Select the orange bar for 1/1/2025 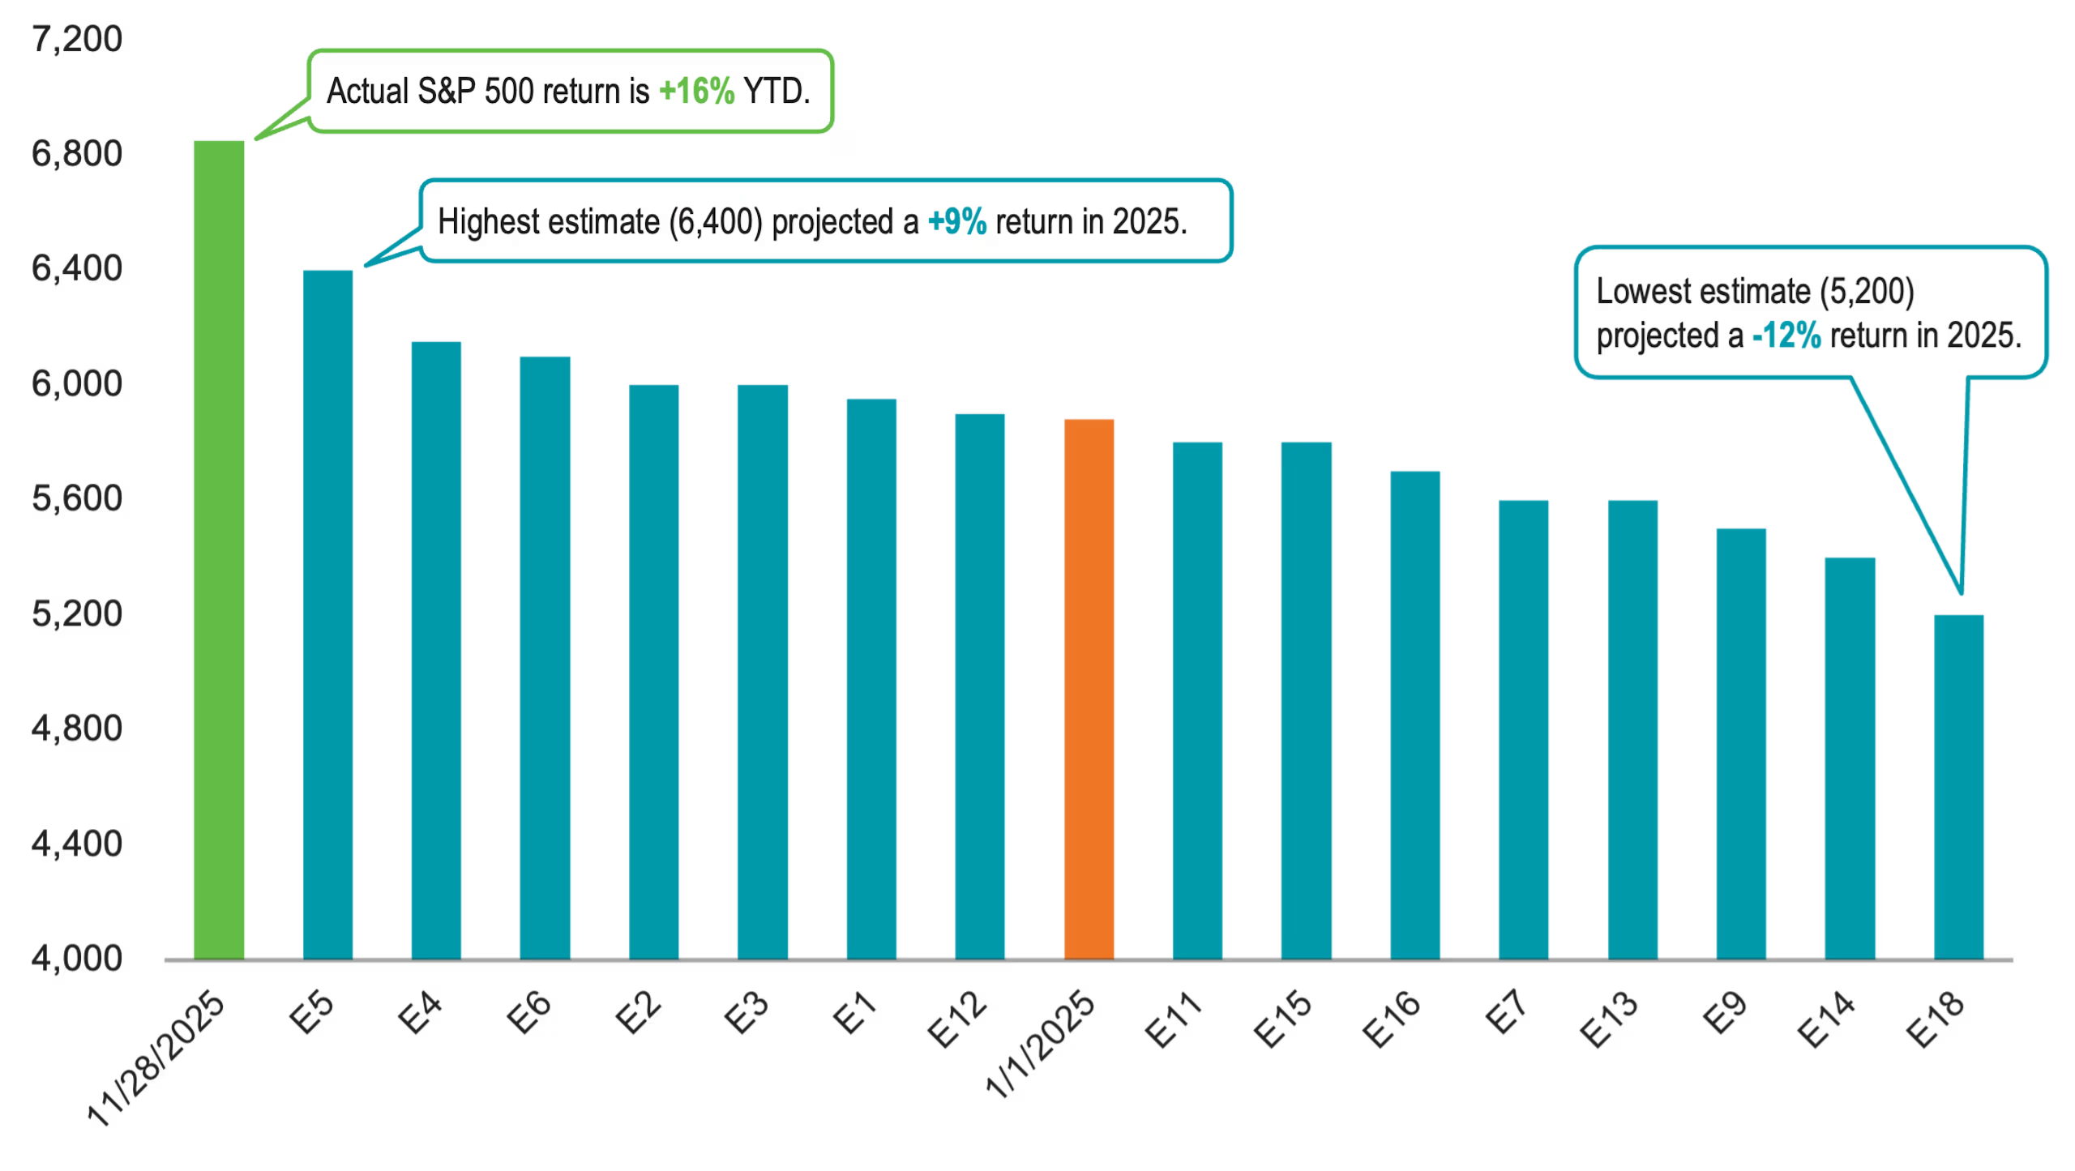coord(1089,689)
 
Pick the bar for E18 coord(1958,786)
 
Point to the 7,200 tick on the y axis coord(78,39)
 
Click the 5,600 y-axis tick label coord(78,498)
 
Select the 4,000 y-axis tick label coord(78,959)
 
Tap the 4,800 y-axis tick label coord(78,729)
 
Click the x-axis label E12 coord(958,1019)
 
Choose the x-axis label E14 coord(1826,1019)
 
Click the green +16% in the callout coord(696,92)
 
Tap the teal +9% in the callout coord(956,222)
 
